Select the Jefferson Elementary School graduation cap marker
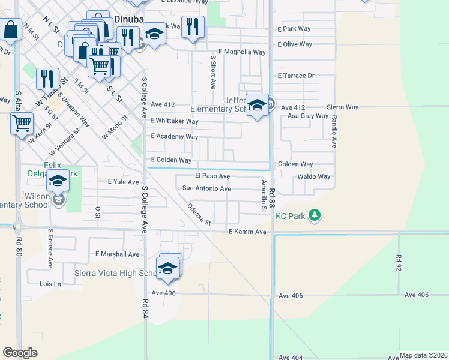257,106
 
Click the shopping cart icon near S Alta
22,124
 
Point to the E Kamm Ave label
247,232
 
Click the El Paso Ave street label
212,176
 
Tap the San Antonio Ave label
206,188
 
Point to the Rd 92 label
399,262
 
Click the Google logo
20,352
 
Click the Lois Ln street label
50,284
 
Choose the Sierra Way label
342,107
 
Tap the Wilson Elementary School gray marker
59,200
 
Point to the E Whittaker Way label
174,121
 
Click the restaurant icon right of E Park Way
192,27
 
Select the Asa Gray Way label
308,116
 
